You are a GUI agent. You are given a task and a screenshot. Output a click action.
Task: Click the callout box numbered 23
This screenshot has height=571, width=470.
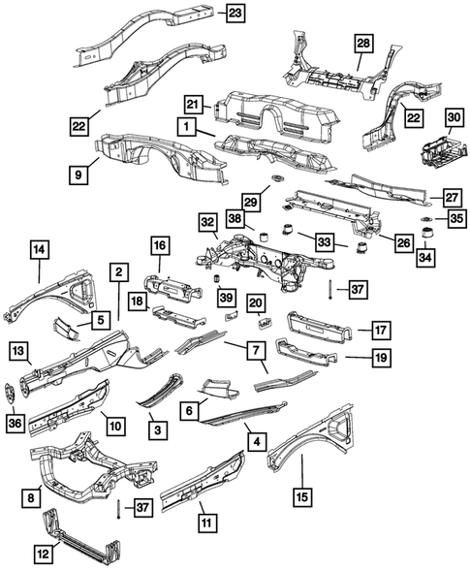[236, 13]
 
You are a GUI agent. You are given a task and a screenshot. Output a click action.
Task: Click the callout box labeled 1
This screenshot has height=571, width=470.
[182, 126]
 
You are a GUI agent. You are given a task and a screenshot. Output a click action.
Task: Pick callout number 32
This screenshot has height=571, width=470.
[207, 222]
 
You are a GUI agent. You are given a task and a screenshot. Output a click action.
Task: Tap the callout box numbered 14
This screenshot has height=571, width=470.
[39, 250]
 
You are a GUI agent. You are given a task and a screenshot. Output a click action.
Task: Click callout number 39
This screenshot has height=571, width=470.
[226, 296]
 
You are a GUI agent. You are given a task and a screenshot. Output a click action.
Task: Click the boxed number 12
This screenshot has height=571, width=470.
[41, 554]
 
